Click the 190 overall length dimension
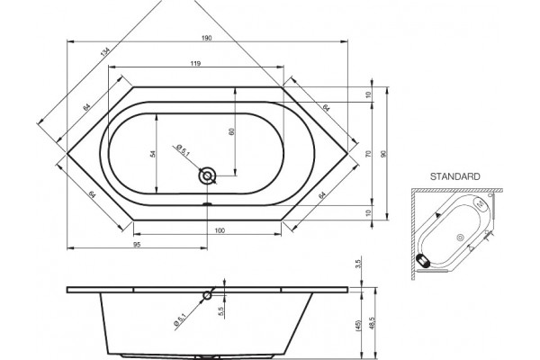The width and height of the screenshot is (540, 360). pyautogui.click(x=207, y=38)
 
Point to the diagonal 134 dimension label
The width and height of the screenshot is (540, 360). pyautogui.click(x=104, y=52)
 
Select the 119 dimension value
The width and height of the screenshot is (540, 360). pyautogui.click(x=195, y=63)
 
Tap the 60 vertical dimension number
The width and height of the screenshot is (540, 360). pyautogui.click(x=232, y=131)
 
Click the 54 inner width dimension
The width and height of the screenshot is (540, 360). pyautogui.click(x=153, y=154)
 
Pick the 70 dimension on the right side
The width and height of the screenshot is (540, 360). pyautogui.click(x=368, y=153)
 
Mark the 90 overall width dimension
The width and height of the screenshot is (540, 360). pyautogui.click(x=384, y=154)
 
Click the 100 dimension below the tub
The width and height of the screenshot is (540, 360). pyautogui.click(x=220, y=230)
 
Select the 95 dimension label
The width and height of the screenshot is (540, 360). pyautogui.click(x=137, y=244)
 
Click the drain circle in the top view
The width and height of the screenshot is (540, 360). pyautogui.click(x=207, y=176)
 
